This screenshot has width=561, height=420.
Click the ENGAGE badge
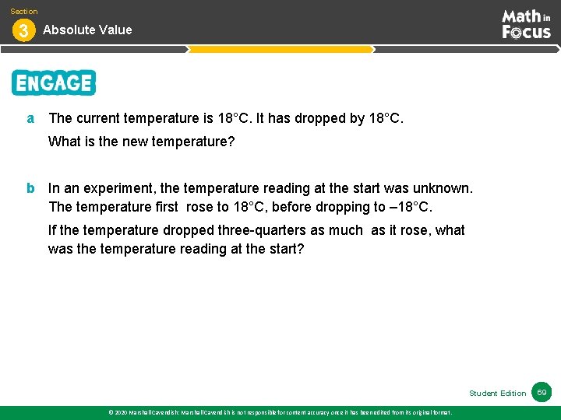(53, 82)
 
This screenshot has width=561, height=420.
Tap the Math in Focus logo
(526, 24)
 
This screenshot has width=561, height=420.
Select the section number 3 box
(23, 31)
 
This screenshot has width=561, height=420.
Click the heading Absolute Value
(87, 30)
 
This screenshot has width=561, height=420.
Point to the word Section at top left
(23, 11)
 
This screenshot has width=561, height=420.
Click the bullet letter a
(30, 118)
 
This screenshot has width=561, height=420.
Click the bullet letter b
(30, 188)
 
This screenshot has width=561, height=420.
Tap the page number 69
(542, 392)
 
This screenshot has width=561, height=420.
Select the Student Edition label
(497, 394)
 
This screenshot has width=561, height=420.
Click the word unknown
(443, 188)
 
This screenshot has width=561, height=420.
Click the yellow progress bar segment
(280, 49)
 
